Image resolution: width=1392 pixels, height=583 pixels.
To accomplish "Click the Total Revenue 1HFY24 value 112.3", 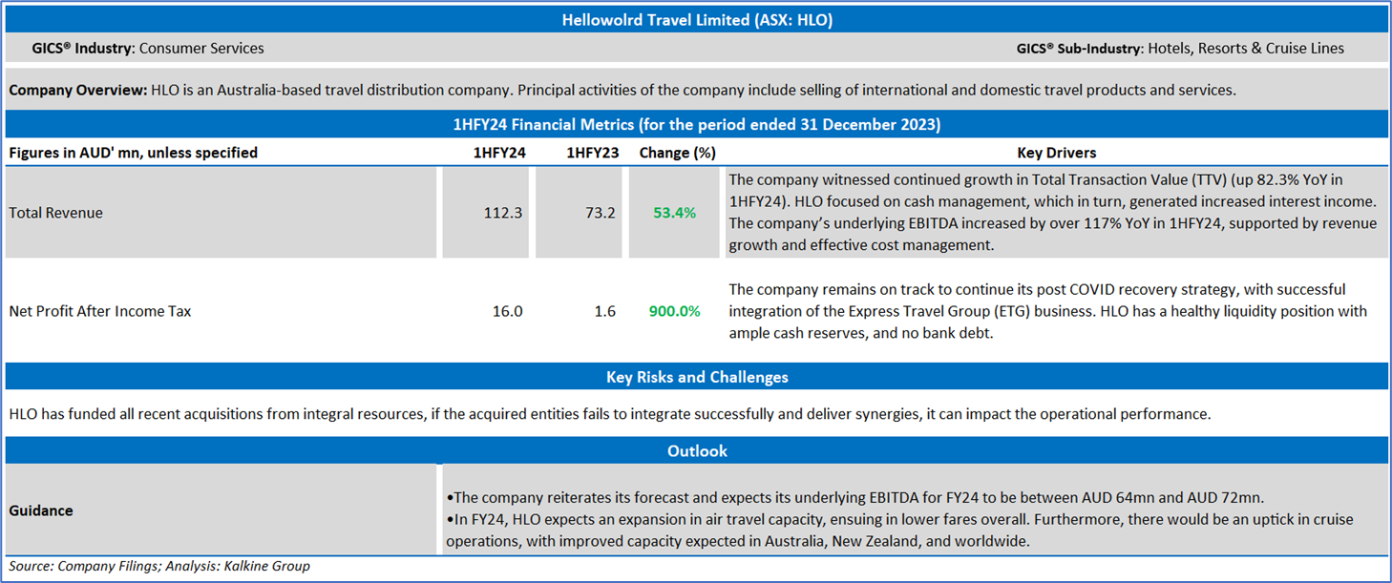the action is pos(503,213).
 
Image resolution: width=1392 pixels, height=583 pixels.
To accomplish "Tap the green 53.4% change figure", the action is pos(674,213).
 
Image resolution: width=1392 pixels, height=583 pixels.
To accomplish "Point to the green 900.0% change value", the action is pos(674,311).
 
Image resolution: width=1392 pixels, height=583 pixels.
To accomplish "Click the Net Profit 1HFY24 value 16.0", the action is pos(507,311).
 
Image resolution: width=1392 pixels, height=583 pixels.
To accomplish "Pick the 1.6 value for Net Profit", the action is pos(604,311).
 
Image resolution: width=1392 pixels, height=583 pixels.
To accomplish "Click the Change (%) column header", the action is pos(677,153).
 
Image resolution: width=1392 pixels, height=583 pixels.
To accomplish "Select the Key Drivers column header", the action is pos(1057,153).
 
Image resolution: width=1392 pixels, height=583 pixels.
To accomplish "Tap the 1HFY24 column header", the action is pos(499,153).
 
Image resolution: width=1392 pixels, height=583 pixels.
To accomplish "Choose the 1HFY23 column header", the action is pos(592,153).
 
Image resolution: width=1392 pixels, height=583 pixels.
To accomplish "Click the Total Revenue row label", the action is pos(56,213).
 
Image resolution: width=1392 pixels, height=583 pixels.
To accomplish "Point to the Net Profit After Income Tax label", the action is pos(100,311).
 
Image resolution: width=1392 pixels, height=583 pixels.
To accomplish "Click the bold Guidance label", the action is pos(41,510).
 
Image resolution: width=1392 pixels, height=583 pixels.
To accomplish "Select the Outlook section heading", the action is pos(697,450).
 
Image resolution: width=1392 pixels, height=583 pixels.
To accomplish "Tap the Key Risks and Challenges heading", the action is pos(697,377).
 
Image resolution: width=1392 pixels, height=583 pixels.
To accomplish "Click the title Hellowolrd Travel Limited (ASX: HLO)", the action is pos(697,20).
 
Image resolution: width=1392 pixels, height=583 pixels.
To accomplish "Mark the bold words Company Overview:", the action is pos(77,90).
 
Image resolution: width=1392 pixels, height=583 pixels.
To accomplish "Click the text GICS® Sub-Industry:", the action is pos(1080,49).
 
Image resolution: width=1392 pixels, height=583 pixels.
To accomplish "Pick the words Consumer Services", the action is pos(201,49).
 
